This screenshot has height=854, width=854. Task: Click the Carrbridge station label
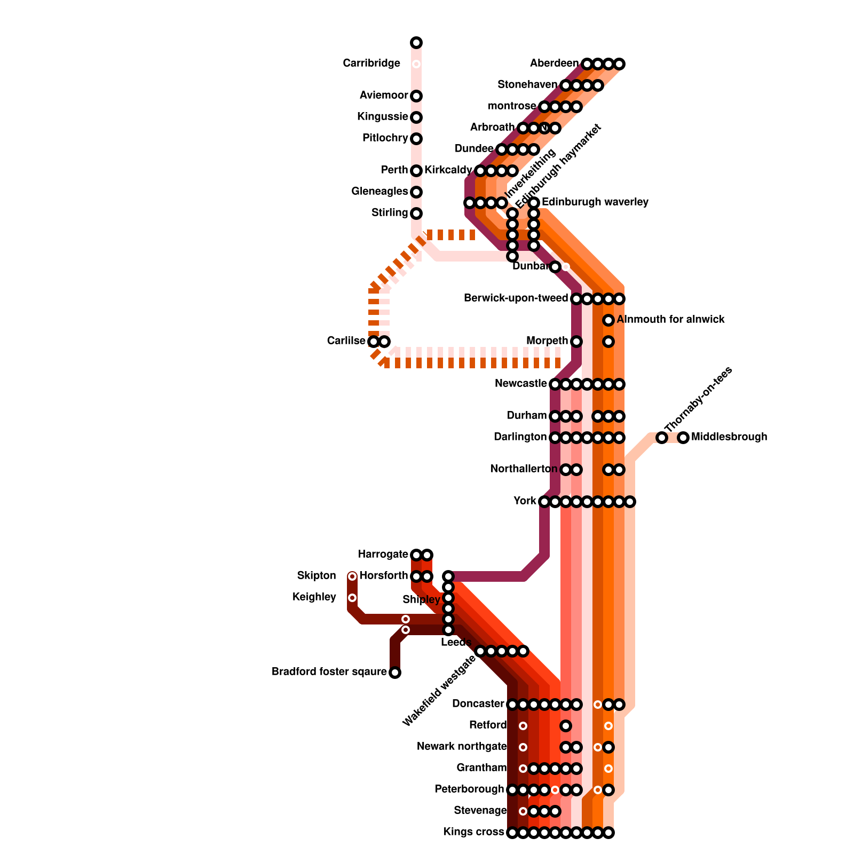click(371, 64)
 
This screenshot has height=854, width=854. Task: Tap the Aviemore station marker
click(416, 96)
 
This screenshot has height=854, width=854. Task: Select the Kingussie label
click(383, 117)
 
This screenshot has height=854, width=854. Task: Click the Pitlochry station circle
click(416, 139)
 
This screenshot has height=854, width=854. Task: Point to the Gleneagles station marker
click(416, 192)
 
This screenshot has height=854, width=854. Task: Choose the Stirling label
click(390, 213)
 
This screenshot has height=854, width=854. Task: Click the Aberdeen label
click(554, 64)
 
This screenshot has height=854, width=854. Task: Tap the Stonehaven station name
click(527, 85)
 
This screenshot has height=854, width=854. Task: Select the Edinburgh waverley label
click(595, 202)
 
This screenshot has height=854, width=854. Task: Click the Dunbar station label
click(531, 266)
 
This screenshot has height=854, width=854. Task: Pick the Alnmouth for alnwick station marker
click(608, 320)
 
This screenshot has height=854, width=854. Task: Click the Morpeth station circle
click(576, 342)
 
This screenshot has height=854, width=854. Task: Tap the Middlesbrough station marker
click(683, 438)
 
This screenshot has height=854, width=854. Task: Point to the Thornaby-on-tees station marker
click(662, 438)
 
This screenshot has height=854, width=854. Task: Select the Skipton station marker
click(352, 576)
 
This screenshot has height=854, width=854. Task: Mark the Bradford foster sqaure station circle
click(395, 673)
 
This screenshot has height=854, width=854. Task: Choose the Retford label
click(487, 725)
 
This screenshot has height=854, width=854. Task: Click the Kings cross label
click(473, 832)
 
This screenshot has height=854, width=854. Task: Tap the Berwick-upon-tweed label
click(516, 298)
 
